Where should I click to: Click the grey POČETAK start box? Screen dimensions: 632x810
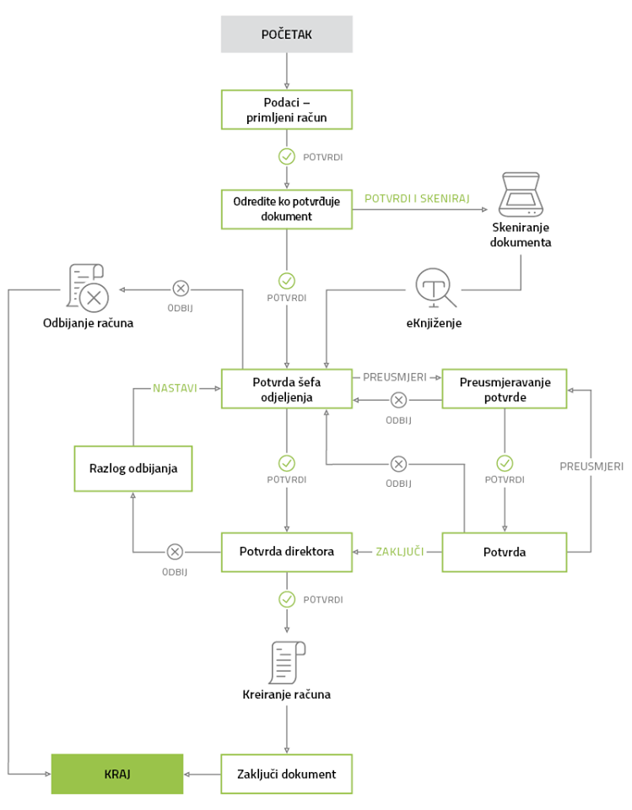[x=287, y=34]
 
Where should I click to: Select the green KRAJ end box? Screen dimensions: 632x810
[x=117, y=774]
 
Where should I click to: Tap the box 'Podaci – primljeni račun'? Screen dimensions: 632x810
[x=287, y=110]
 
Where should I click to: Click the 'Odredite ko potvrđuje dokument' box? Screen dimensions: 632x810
[x=287, y=209]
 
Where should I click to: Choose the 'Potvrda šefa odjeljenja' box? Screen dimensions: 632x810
[x=287, y=389]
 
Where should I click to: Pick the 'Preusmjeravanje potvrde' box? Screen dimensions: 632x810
[x=505, y=389]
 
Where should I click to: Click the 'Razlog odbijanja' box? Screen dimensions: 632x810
[x=133, y=468]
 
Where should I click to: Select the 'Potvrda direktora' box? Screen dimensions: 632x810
[x=287, y=552]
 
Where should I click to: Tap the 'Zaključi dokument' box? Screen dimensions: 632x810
[x=287, y=774]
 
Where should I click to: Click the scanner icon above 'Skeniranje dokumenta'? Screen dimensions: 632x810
[x=521, y=195]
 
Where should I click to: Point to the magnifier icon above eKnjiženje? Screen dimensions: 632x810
[x=435, y=288]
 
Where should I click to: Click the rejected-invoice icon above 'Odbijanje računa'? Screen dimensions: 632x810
[x=88, y=289]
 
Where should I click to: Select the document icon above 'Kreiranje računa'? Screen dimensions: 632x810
[x=288, y=663]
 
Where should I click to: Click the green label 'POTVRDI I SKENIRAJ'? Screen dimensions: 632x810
[x=417, y=198]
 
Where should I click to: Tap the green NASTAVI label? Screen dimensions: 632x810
[x=175, y=388]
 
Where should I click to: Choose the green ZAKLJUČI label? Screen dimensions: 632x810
[x=399, y=552]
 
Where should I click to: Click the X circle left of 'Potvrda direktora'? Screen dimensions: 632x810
[x=175, y=552]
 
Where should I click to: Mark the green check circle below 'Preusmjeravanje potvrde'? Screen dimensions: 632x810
[x=505, y=463]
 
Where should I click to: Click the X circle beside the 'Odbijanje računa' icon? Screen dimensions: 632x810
[x=181, y=289]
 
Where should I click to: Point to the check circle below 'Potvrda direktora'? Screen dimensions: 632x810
[x=287, y=599]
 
